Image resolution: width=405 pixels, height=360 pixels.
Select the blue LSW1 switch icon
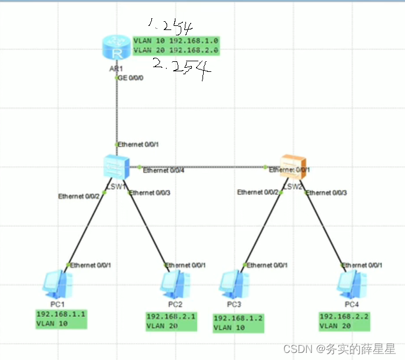(115, 167)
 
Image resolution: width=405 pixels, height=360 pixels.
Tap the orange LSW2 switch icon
(293, 167)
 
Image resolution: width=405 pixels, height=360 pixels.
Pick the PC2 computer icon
(175, 284)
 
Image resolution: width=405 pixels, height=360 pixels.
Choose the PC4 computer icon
(351, 284)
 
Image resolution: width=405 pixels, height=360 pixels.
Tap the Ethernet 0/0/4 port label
(164, 171)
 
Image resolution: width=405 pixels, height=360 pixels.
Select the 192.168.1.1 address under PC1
(61, 314)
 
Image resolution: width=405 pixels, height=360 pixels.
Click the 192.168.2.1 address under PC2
(171, 316)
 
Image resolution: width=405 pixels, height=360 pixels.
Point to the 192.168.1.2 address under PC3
(237, 318)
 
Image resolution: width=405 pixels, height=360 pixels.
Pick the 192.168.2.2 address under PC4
(343, 316)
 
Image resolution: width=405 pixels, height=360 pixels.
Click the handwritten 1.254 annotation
(170, 25)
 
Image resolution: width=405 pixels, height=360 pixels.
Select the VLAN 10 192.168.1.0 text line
(176, 41)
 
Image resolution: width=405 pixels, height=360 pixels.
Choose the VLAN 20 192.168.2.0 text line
(176, 51)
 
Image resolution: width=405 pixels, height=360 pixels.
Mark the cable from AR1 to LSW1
(116, 112)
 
